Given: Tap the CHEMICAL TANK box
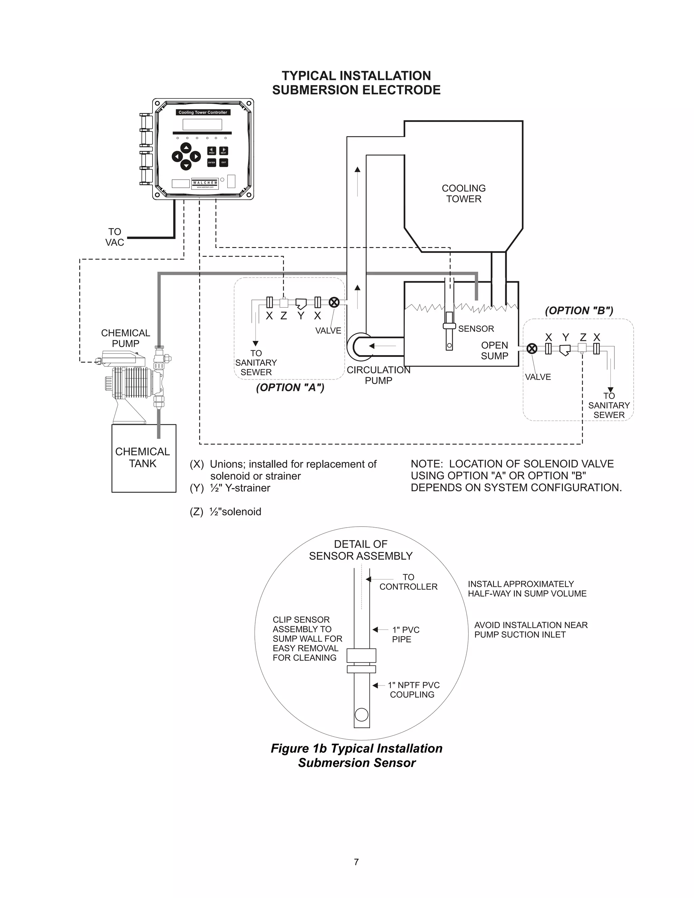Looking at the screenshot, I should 143,458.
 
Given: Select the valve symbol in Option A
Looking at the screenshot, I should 334,303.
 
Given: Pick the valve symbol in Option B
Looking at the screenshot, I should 532,349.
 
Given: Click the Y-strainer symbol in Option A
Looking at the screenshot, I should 301,303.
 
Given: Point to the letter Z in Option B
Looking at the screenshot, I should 583,337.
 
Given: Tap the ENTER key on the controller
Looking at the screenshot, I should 211,162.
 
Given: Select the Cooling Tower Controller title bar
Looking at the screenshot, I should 203,112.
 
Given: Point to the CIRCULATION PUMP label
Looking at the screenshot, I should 378,375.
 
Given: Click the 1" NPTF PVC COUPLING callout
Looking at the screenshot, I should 413,690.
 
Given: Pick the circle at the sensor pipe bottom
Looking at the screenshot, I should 361,715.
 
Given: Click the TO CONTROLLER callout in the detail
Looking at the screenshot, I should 408,582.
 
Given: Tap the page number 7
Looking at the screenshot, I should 356,862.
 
